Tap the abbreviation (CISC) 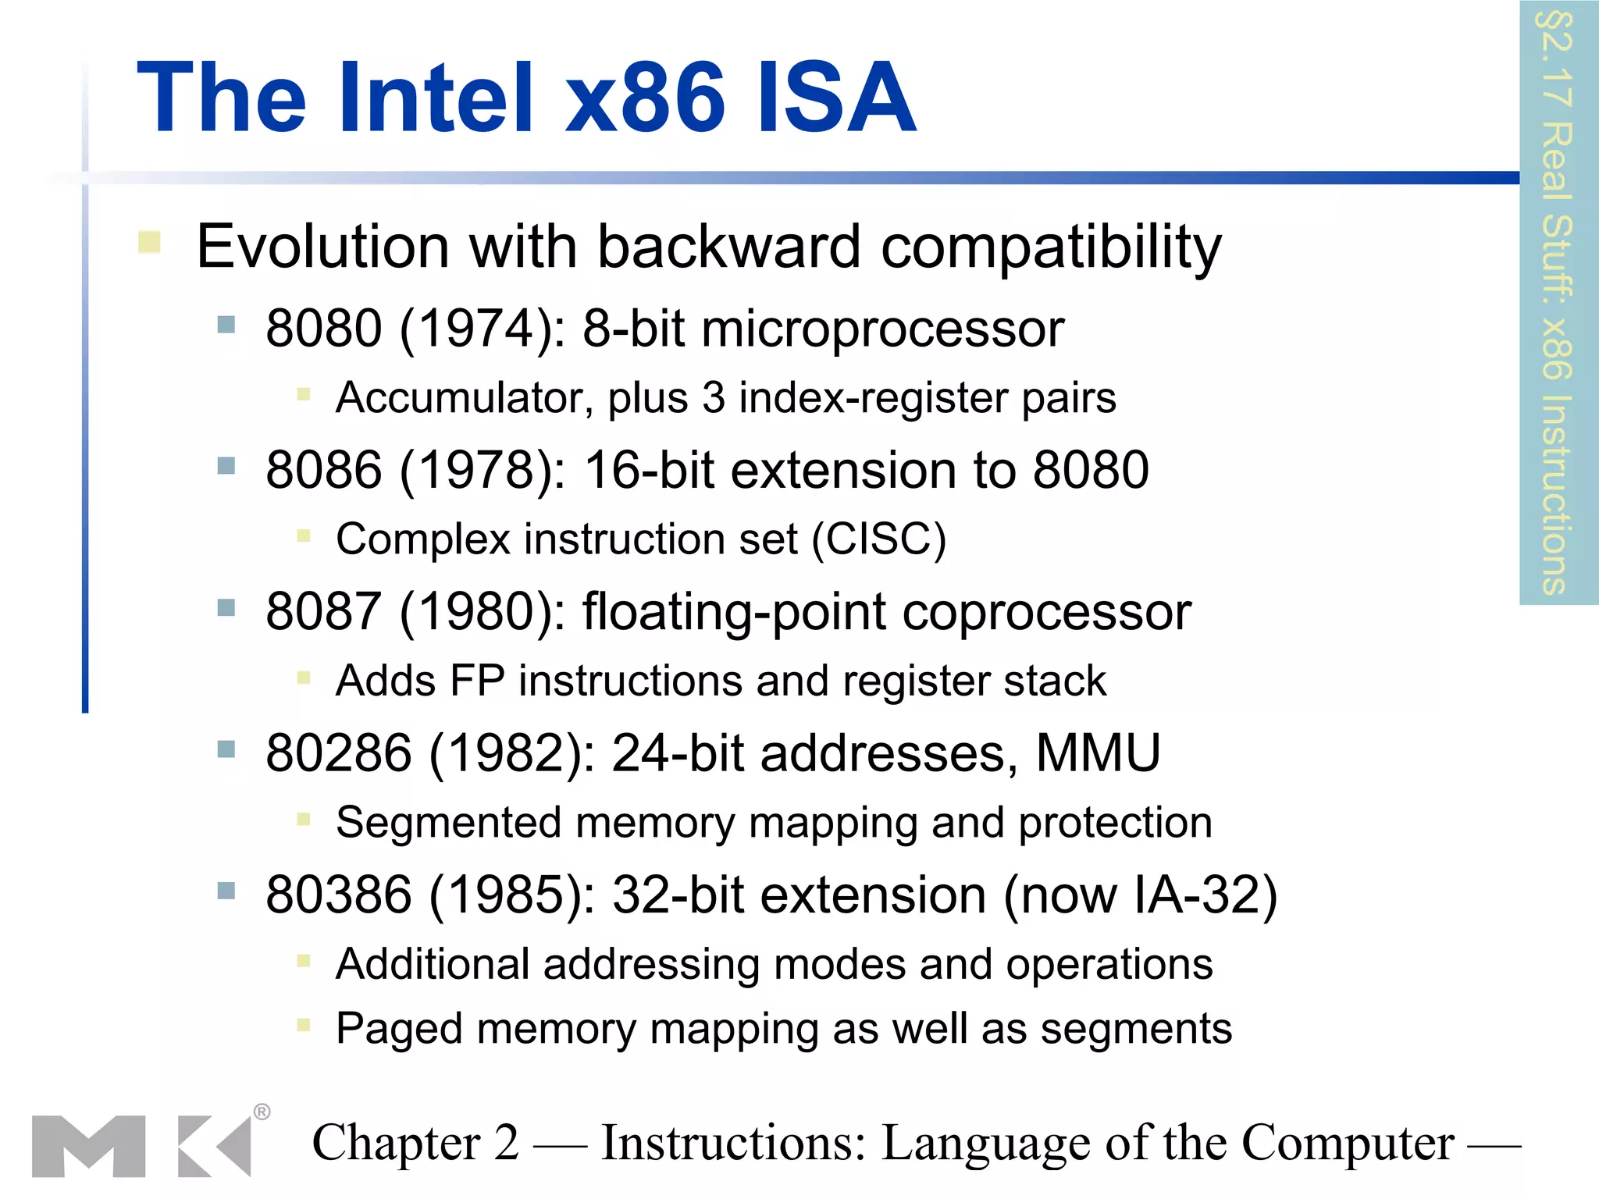(x=879, y=539)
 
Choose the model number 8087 (x=323, y=611)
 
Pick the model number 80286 (x=338, y=753)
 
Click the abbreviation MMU (x=1098, y=753)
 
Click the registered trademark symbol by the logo (x=262, y=1112)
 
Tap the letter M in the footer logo (x=88, y=1146)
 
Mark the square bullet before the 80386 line (x=226, y=891)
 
